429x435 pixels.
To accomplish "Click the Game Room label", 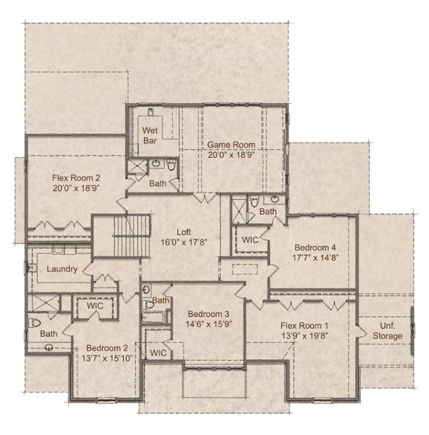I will [232, 145].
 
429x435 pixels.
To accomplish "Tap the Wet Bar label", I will [151, 135].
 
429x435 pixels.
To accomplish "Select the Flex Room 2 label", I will [75, 177].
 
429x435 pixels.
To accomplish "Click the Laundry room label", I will [62, 269].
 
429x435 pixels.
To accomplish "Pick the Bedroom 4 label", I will [316, 247].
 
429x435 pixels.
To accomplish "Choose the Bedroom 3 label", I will [207, 313].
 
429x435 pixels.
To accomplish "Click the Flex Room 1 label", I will [304, 325].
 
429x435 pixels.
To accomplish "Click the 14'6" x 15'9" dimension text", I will [207, 324].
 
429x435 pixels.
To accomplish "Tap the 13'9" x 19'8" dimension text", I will [304, 335].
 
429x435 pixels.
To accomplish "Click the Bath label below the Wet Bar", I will [157, 183].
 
